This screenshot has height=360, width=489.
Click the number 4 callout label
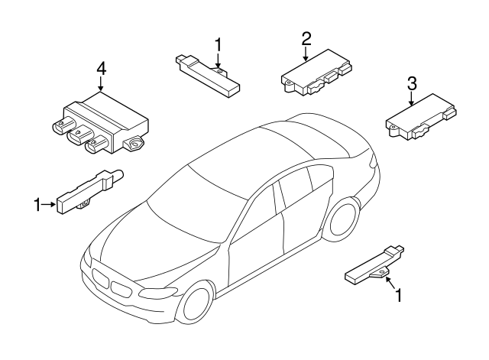tap(101, 70)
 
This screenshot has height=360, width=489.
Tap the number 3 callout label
tap(411, 83)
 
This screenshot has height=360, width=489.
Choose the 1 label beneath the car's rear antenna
tap(397, 294)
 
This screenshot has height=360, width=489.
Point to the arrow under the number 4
tap(101, 86)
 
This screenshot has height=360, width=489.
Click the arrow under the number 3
tap(411, 98)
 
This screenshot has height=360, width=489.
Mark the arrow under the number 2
tap(306, 53)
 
